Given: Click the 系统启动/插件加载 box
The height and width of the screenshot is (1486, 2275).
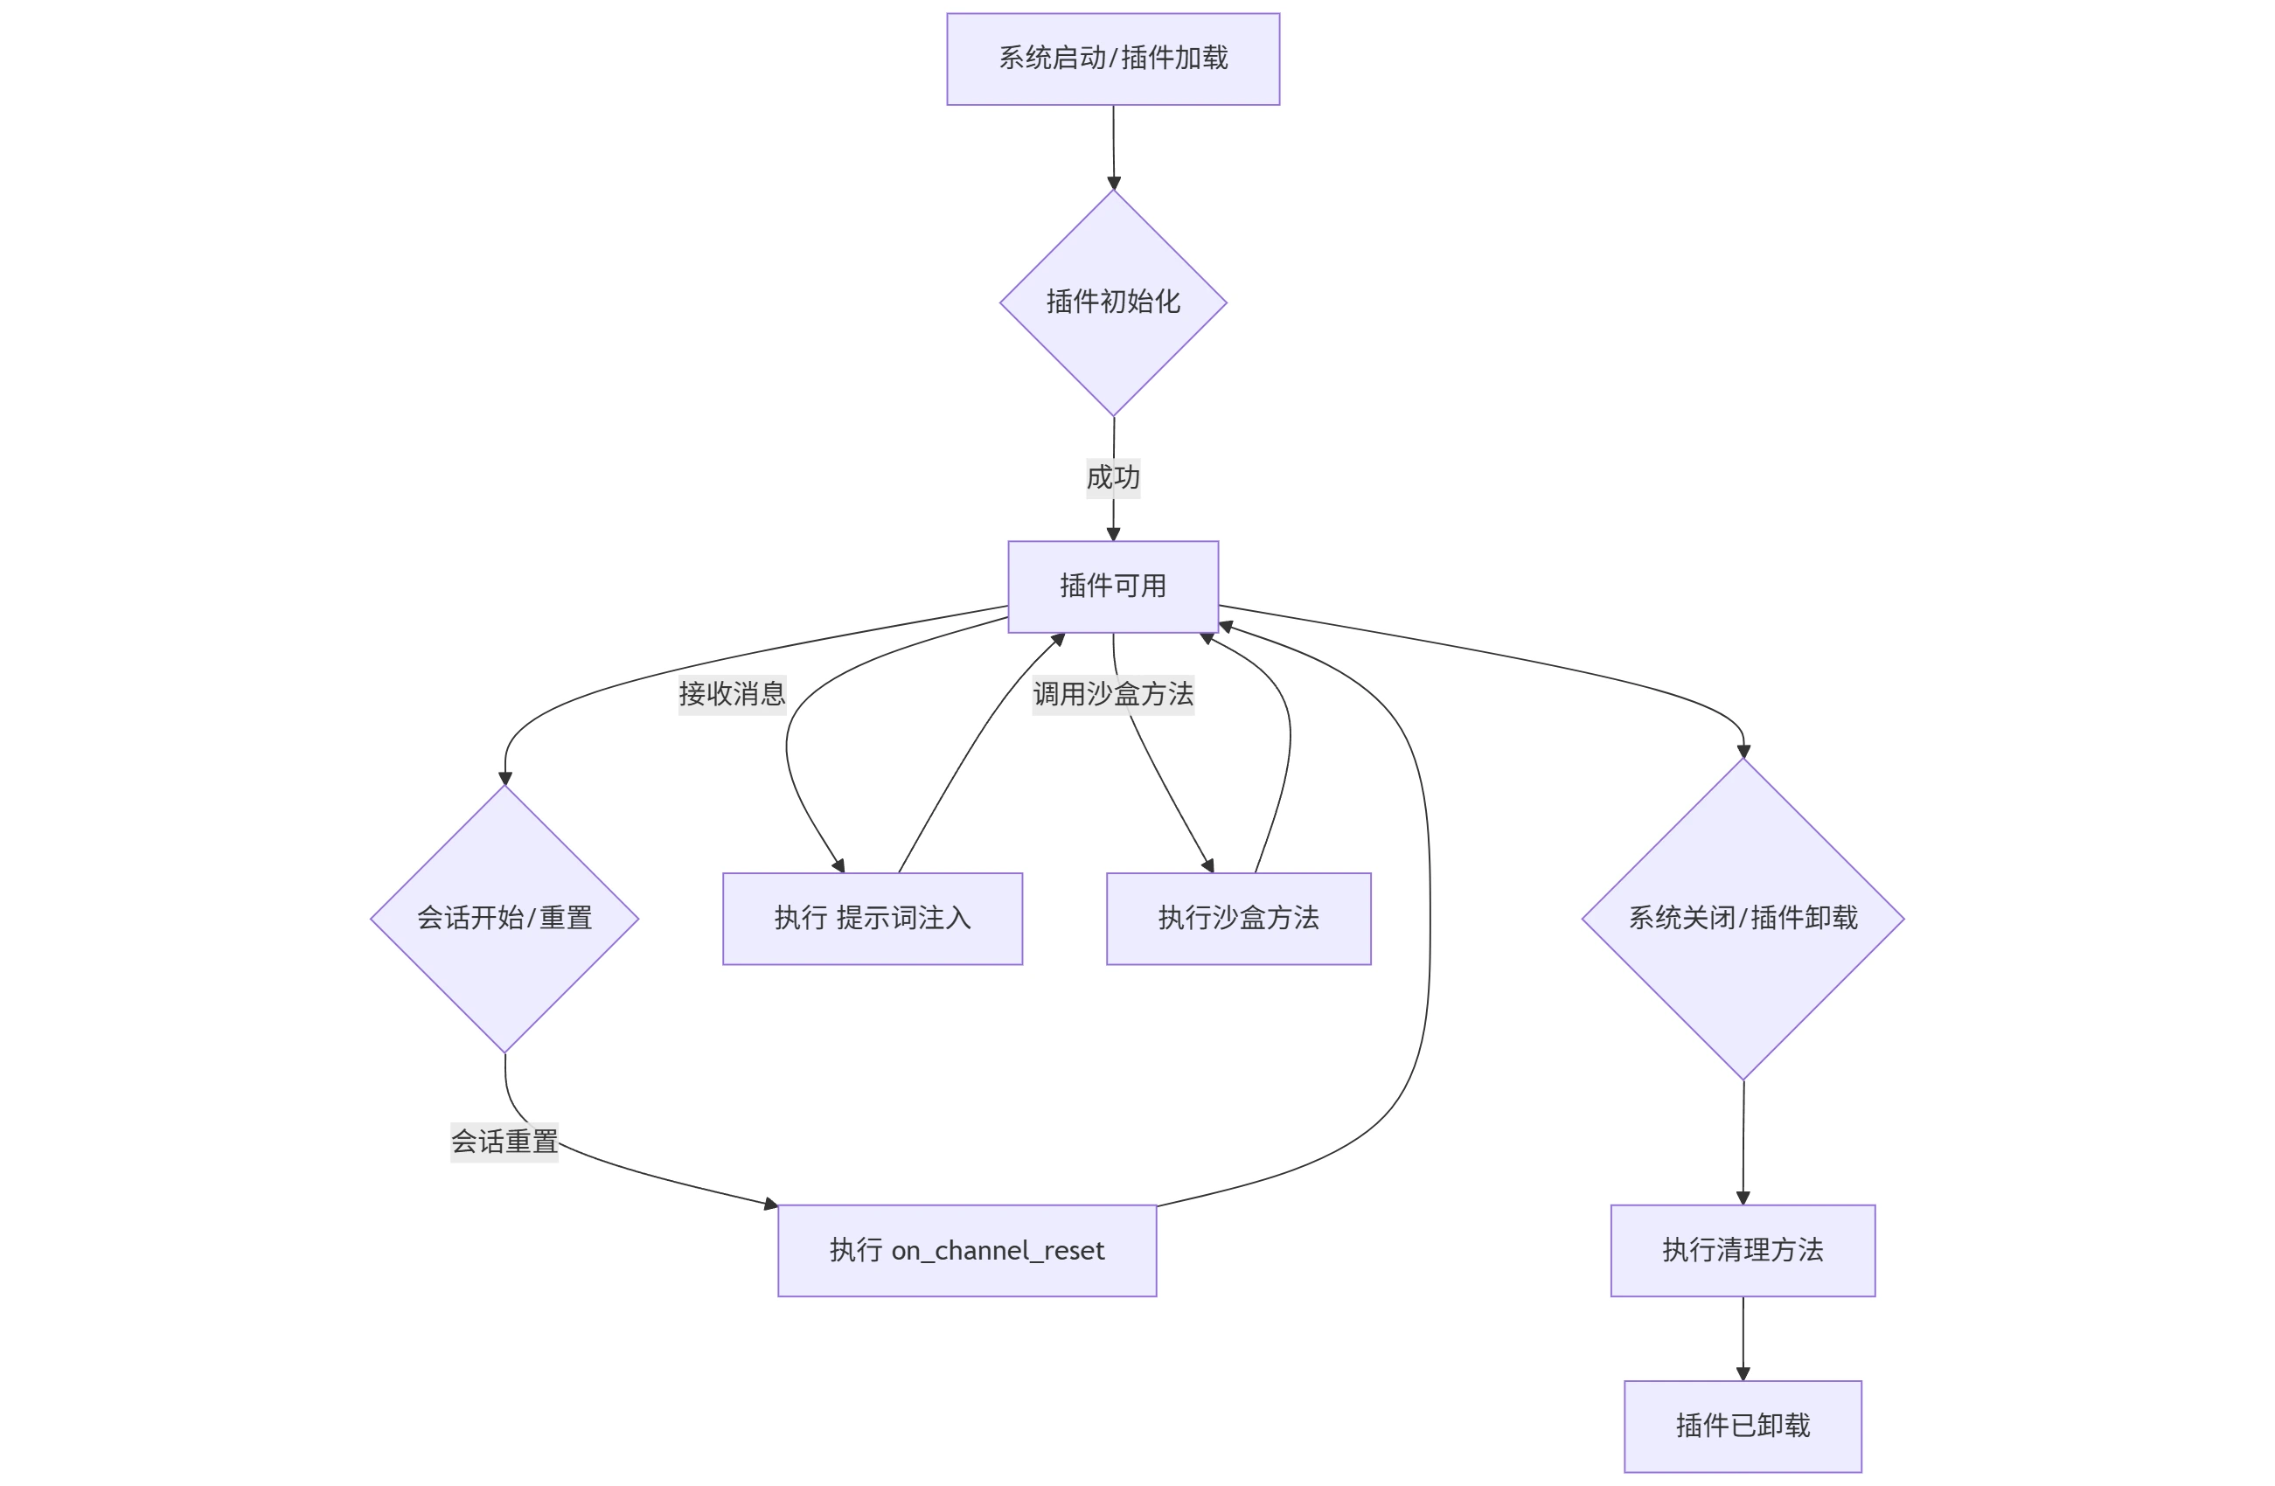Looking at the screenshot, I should (1113, 59).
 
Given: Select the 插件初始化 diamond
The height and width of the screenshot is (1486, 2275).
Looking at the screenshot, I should (1113, 302).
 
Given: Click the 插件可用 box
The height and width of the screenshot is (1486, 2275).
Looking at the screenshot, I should (1113, 586).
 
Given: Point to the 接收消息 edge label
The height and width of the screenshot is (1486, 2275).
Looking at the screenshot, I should (731, 693).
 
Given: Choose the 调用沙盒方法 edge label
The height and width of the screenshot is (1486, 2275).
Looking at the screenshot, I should (1113, 694).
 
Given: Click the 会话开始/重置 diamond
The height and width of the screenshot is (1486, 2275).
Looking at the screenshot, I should (504, 918).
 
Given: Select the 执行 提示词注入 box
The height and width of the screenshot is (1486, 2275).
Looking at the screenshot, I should (872, 918).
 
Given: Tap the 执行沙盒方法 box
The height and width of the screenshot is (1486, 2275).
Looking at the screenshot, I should (1238, 918).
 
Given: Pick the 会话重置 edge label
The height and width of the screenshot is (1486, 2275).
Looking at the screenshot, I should (504, 1141).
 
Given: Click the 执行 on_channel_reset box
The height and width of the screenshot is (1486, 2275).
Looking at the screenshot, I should (966, 1250).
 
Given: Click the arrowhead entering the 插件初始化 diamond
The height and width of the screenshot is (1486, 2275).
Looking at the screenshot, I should (1114, 183).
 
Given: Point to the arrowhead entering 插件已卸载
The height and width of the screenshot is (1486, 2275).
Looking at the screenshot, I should (1743, 1373).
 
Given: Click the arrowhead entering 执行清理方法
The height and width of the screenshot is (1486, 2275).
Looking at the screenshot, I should (1743, 1198).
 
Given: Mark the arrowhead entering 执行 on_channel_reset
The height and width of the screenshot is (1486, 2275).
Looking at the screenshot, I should (770, 1204).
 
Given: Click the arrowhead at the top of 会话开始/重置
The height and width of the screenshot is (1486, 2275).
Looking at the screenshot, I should (504, 778).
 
